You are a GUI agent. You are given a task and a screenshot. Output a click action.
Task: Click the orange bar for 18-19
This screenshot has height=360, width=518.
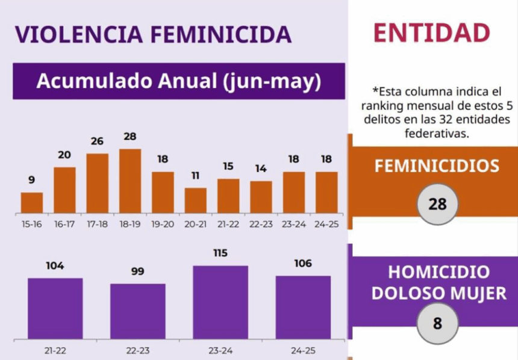130,181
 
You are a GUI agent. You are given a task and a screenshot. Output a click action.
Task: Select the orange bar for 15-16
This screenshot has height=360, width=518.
32,202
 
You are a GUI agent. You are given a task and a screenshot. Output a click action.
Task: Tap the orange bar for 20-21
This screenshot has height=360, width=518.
195,200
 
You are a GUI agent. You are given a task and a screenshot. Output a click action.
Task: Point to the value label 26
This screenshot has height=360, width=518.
97,141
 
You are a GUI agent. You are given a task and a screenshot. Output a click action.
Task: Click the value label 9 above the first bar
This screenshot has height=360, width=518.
31,179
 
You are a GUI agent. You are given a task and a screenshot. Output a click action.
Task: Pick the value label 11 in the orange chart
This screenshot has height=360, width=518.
195,176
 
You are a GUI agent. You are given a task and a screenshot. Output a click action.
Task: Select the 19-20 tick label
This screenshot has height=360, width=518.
163,224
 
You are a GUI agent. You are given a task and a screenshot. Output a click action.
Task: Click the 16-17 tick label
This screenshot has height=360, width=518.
64,224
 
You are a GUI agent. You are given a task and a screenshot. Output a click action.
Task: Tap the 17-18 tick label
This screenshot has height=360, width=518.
97,224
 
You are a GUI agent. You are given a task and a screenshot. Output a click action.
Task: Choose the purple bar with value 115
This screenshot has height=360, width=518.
220,302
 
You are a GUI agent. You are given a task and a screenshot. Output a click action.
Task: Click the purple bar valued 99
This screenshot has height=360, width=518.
137,311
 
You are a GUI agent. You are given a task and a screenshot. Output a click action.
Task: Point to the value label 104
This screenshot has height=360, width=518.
55,265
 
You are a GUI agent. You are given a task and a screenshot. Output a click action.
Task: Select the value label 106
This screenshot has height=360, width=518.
303,264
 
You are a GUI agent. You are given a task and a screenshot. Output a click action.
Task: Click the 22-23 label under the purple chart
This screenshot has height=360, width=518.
137,350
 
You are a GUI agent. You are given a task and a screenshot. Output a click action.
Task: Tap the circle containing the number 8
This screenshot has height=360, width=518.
437,323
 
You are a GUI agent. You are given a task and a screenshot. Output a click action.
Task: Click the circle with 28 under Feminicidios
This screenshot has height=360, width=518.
437,204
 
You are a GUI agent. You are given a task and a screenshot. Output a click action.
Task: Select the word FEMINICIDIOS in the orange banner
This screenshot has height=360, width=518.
437,166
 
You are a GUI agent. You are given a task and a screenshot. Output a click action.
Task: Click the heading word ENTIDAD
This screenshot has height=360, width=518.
431,33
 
